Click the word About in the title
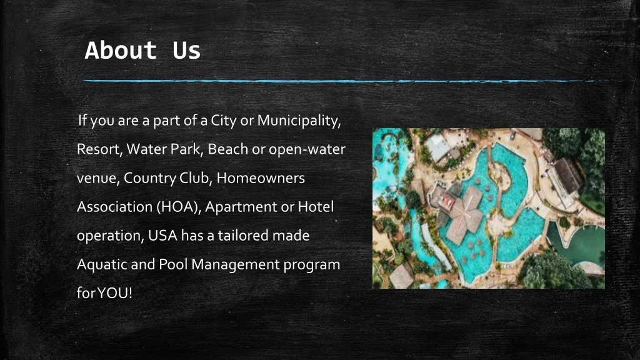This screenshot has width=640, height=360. click(x=121, y=50)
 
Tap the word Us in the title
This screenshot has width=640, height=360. click(x=186, y=50)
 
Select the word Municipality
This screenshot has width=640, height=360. click(x=299, y=121)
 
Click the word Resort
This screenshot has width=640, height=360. click(x=99, y=149)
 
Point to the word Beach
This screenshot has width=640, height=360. click(x=227, y=149)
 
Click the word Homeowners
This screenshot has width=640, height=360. click(x=261, y=178)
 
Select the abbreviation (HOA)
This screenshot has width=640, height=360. click(x=179, y=207)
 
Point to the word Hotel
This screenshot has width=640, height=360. click(x=316, y=206)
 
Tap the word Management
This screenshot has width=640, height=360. click(x=236, y=265)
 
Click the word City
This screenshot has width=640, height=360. click(x=224, y=121)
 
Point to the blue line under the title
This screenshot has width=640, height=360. click(x=354, y=81)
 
